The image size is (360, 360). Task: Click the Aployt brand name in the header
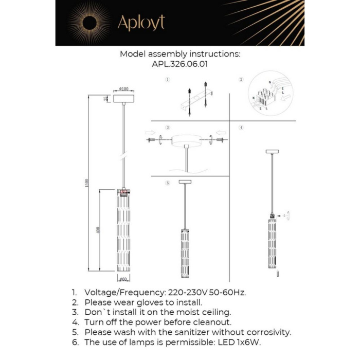(141, 23)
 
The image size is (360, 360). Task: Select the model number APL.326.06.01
(180, 65)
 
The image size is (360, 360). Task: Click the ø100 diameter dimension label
(123, 89)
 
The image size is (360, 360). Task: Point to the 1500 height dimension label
(88, 183)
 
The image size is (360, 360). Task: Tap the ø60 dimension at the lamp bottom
(123, 279)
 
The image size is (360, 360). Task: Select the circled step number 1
(168, 80)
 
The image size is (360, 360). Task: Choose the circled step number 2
(241, 80)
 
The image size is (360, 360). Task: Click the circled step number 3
(168, 127)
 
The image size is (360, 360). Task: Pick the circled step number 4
(241, 127)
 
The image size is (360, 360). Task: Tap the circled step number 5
(168, 183)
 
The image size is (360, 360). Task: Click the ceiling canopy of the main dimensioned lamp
(123, 98)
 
